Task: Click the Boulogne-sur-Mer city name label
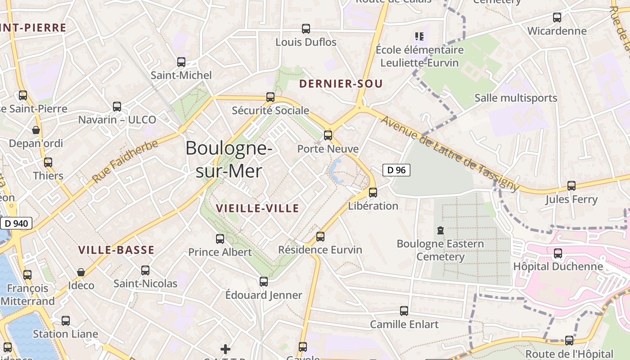coord(229,159)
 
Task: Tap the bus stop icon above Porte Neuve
coord(328,135)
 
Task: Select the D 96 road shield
coord(396,170)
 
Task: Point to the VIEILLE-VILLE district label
coord(257,208)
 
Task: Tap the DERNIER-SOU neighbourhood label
coord(341,84)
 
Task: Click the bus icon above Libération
coord(373,193)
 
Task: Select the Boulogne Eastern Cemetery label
coord(440,250)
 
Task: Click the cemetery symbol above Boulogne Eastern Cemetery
coord(440,230)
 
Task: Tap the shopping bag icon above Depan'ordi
coord(36,130)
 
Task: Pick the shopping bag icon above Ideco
coord(81,272)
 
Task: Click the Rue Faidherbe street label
coord(126,161)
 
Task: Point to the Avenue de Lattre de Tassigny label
coord(450,153)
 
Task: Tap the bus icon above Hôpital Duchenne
coord(558,253)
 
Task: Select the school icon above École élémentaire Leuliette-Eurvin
coord(419,36)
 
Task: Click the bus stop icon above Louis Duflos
coord(306,29)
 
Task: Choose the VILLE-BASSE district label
coord(116,250)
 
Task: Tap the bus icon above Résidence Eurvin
coord(320,236)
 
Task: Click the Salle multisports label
coord(516,98)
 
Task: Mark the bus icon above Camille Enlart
coord(404,310)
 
